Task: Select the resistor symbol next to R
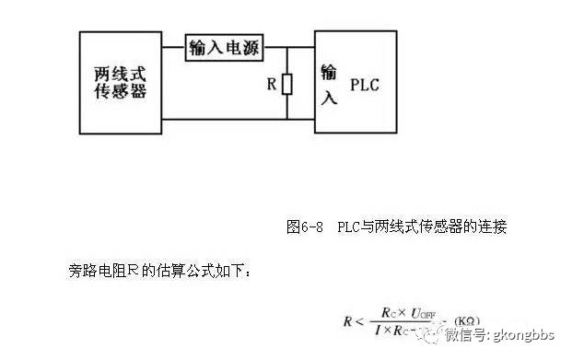coord(287,85)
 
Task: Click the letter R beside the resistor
coord(272,85)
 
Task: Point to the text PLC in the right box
coord(366,86)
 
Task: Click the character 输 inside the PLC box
coord(328,72)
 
